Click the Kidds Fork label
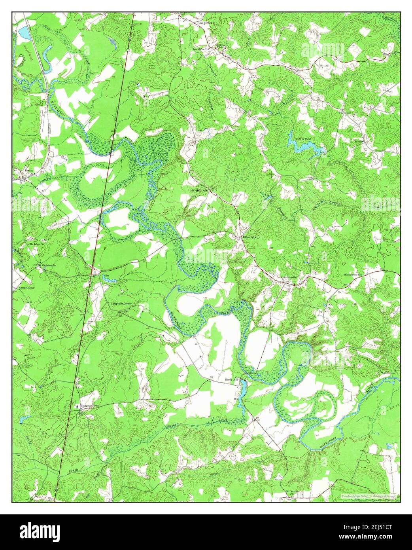(249, 237)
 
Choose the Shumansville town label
(288, 277)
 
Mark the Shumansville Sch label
(353, 274)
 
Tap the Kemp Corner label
(26, 288)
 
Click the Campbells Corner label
(122, 303)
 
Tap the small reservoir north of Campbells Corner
(109, 279)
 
